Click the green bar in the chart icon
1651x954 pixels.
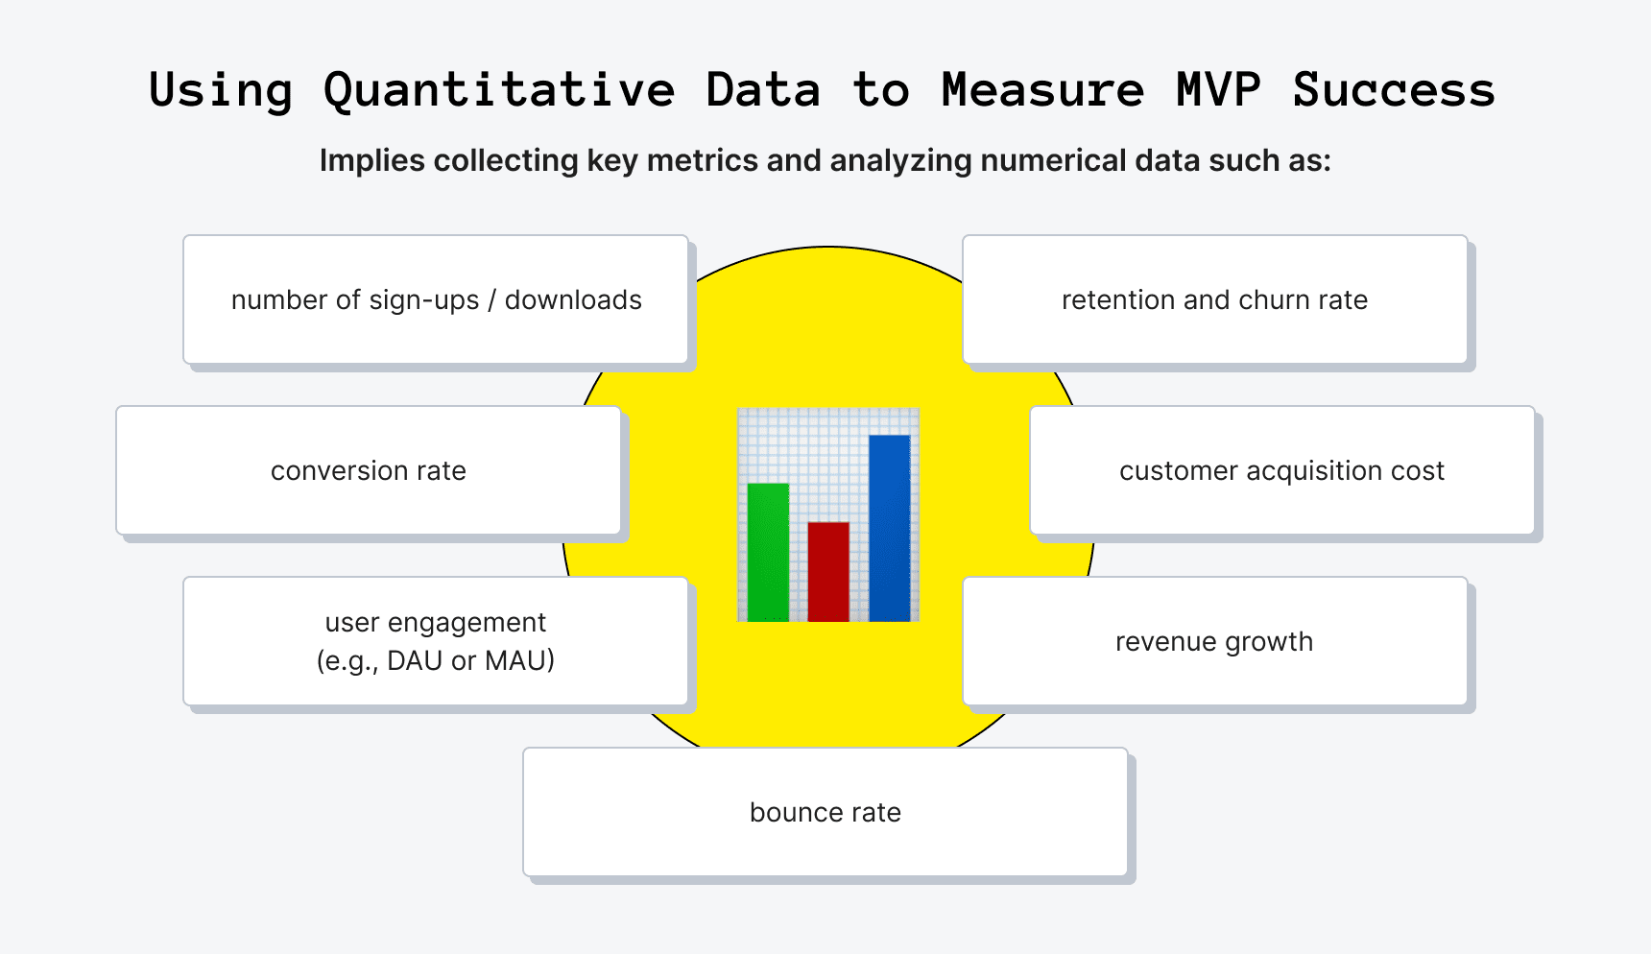pyautogui.click(x=768, y=552)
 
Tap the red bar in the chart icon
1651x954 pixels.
pyautogui.click(x=828, y=571)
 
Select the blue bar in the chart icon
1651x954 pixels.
pyautogui.click(x=890, y=528)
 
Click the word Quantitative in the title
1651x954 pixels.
pyautogui.click(x=499, y=91)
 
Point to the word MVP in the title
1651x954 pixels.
pyautogui.click(x=1218, y=90)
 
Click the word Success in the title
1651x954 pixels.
pyautogui.click(x=1394, y=90)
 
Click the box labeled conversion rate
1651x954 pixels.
pyautogui.click(x=369, y=470)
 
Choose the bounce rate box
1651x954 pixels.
pyautogui.click(x=825, y=812)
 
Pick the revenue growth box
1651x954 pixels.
pyautogui.click(x=1214, y=641)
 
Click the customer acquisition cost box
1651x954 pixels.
pyautogui.click(x=1281, y=470)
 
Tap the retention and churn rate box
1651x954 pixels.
pyautogui.click(x=1214, y=299)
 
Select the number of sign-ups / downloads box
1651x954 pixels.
pyautogui.click(x=436, y=299)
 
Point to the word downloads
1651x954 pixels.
pyautogui.click(x=573, y=299)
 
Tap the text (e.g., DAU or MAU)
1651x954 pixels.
pyautogui.click(x=436, y=661)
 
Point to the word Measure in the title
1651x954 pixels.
pyautogui.click(x=1042, y=90)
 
